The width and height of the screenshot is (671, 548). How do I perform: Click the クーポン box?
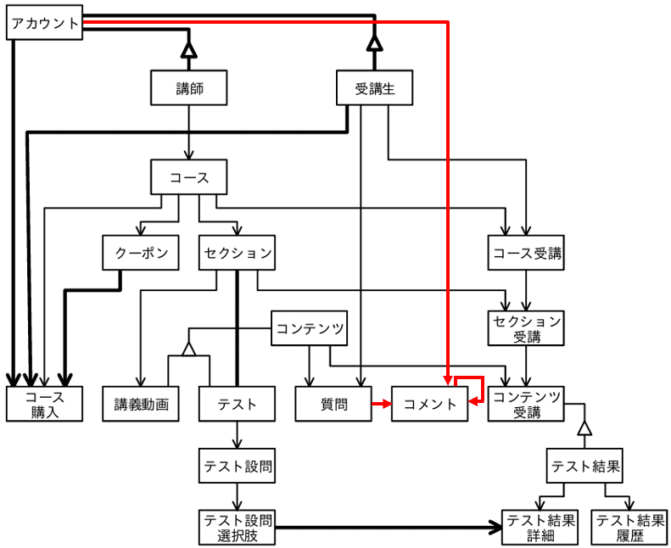(x=141, y=253)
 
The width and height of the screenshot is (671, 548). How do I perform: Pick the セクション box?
(x=238, y=253)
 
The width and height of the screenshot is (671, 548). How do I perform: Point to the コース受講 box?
(x=527, y=253)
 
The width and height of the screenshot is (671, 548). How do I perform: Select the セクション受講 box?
(x=527, y=327)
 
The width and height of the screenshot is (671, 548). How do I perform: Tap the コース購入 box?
(x=45, y=404)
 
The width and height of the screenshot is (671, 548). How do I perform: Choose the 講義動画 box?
(x=142, y=404)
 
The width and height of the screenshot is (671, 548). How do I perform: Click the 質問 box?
(x=334, y=404)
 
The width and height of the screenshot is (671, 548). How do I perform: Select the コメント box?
(x=430, y=404)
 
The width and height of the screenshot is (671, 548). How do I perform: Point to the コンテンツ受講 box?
(x=527, y=404)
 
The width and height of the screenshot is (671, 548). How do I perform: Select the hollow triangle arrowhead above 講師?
(x=189, y=50)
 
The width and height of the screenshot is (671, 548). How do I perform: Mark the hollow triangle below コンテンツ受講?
(x=584, y=428)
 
